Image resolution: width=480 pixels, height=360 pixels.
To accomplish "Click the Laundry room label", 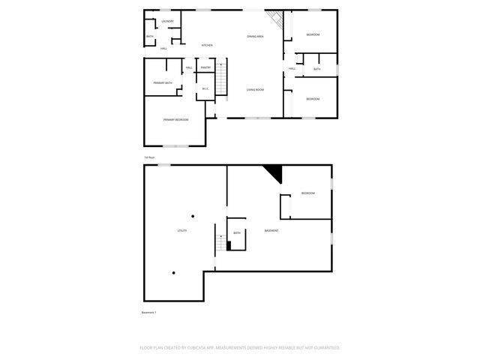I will pyautogui.click(x=167, y=21).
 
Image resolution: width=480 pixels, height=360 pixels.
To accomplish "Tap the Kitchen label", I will pyautogui.click(x=207, y=45).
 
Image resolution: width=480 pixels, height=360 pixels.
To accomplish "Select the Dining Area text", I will pyautogui.click(x=256, y=36).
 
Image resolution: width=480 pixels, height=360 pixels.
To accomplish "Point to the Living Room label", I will pyautogui.click(x=256, y=89).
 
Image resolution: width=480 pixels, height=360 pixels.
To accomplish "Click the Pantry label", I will pyautogui.click(x=205, y=67).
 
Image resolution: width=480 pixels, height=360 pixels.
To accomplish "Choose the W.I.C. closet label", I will pyautogui.click(x=205, y=89).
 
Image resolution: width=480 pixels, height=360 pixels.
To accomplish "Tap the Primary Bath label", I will pyautogui.click(x=163, y=82).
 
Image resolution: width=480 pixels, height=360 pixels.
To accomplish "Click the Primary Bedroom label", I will pyautogui.click(x=175, y=120).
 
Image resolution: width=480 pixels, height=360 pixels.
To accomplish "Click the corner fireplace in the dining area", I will pyautogui.click(x=278, y=21).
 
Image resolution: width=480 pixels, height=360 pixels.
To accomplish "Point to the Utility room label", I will pyautogui.click(x=181, y=230).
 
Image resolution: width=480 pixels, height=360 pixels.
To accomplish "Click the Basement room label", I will pyautogui.click(x=271, y=230).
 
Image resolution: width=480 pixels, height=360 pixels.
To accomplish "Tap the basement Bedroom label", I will pyautogui.click(x=307, y=193).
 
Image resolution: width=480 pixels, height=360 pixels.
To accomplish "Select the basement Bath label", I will pyautogui.click(x=237, y=233).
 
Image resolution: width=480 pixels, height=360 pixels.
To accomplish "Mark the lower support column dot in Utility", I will pyautogui.click(x=173, y=272).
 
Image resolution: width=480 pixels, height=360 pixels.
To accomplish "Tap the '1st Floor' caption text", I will pyautogui.click(x=149, y=157).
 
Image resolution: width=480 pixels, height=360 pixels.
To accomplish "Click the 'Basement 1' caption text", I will pyautogui.click(x=150, y=312).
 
